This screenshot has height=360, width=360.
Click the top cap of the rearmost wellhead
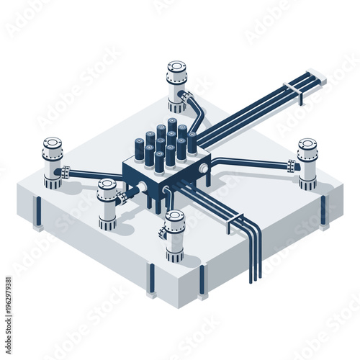click(x=176, y=66)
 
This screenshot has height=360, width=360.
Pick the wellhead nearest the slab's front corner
click(x=175, y=234)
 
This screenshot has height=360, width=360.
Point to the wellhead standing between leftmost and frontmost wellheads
click(x=107, y=203)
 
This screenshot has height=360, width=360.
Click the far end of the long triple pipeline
click(x=318, y=75)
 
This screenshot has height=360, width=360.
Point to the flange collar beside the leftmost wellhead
click(x=66, y=173)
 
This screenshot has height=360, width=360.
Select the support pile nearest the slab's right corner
click(x=323, y=210)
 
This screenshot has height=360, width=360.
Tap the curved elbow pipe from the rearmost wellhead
click(x=194, y=108)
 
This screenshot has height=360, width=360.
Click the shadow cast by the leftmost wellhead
click(x=72, y=188)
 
